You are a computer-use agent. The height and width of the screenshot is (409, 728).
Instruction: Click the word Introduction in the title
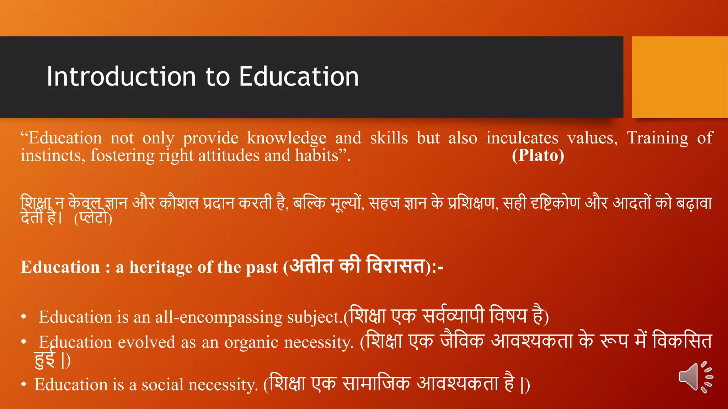[121, 77]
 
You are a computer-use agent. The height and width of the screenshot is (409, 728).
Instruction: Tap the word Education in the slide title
[299, 77]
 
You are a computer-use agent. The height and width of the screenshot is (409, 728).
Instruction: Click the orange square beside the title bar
[679, 77]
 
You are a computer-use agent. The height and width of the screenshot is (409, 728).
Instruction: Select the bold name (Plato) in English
[538, 156]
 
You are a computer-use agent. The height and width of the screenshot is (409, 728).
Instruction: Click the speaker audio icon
[695, 377]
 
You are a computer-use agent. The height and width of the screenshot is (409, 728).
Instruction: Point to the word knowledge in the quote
[287, 138]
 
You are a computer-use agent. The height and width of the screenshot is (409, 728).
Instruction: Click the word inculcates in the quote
[522, 138]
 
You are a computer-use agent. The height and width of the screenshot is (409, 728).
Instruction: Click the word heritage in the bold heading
[161, 267]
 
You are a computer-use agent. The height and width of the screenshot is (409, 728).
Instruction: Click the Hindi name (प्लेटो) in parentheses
[93, 218]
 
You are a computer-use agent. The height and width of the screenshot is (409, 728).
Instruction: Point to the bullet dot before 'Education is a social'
[23, 385]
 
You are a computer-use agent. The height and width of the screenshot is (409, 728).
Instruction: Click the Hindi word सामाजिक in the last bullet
[376, 383]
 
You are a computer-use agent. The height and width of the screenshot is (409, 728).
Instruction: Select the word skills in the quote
[389, 138]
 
